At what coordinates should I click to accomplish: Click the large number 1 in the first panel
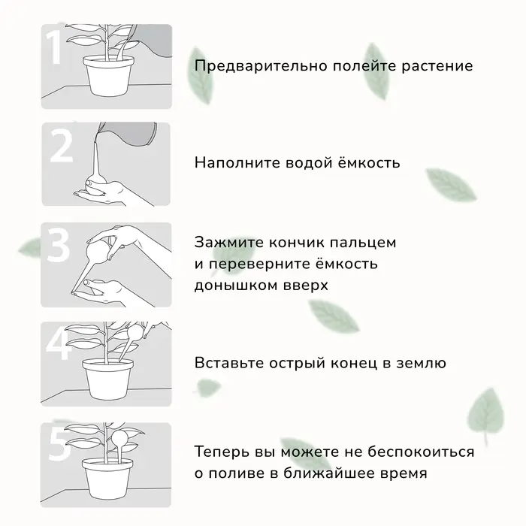pos(54,49)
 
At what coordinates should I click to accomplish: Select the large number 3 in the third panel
pos(59,246)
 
